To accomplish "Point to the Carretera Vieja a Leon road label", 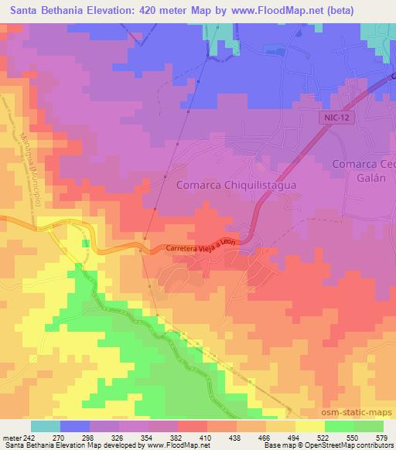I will click(x=200, y=247).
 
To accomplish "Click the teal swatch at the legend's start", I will click(x=45, y=426).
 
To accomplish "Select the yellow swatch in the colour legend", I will click(x=310, y=426).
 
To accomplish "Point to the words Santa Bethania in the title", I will click(x=42, y=10).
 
